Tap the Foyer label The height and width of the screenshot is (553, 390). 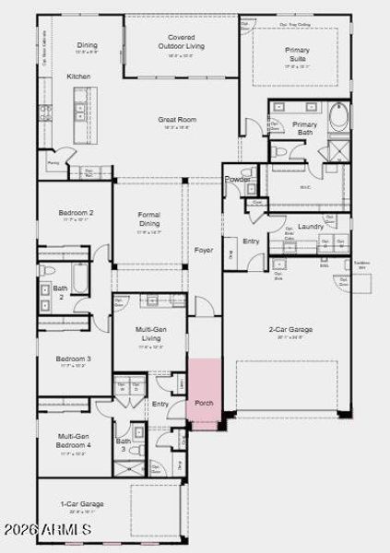[204, 250]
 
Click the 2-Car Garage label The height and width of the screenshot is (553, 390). [289, 329]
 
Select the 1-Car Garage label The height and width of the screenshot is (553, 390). [82, 504]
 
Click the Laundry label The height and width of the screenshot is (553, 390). [310, 226]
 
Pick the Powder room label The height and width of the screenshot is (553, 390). [238, 179]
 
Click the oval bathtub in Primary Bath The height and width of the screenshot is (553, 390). [338, 117]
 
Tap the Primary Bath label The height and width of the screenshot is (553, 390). [304, 128]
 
